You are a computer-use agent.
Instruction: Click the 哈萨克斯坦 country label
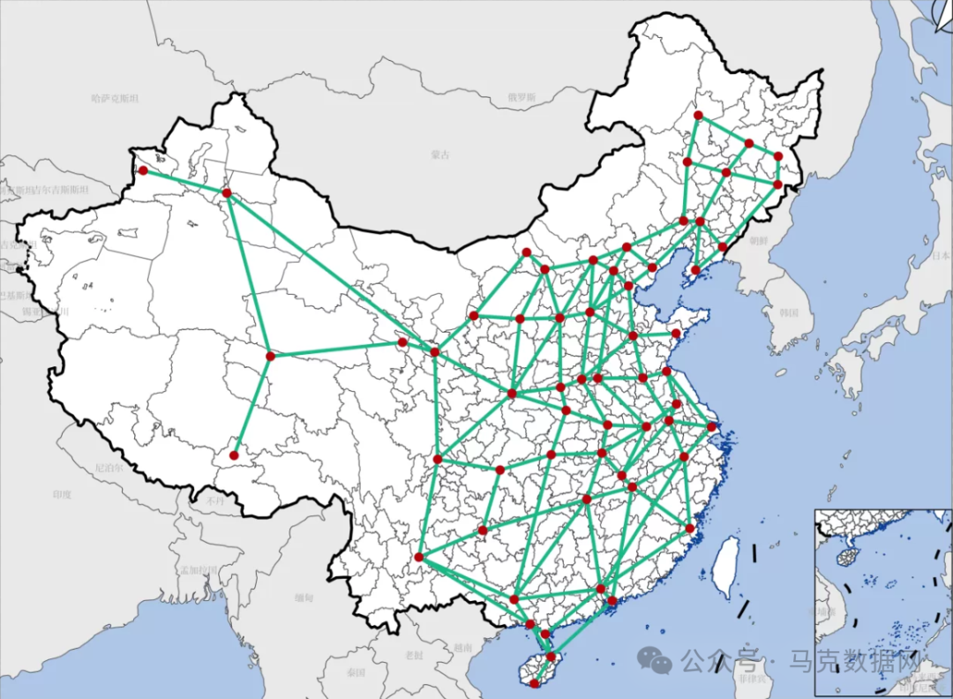pos(115,98)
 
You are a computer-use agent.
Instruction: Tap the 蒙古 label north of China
pos(439,154)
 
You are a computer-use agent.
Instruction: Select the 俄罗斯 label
pos(521,97)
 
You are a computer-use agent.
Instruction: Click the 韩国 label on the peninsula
pos(789,312)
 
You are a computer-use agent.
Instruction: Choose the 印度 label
pos(61,494)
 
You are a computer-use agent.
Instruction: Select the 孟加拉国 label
pos(198,569)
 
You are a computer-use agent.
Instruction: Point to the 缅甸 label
pos(304,598)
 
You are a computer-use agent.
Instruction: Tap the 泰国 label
pos(356,673)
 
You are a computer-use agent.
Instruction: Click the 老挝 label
pos(414,655)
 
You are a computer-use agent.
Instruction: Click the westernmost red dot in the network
pos(143,170)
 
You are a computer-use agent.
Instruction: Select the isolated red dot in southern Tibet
pos(234,455)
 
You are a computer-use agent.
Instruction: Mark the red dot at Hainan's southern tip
pos(536,684)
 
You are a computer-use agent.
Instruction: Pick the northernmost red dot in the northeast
pos(698,115)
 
